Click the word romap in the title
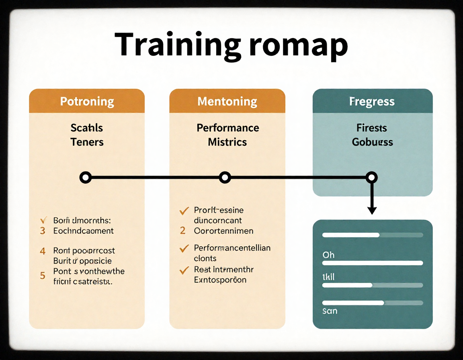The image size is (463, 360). coord(298,45)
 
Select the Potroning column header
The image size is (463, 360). coord(87,101)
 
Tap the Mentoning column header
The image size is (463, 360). coord(227,101)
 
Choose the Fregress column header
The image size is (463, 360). coord(372,101)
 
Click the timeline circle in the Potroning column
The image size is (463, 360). coord(85,177)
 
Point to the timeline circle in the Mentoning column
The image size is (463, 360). coord(225,177)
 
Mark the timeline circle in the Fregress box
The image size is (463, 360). coord(372,177)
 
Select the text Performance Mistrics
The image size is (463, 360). coord(227,135)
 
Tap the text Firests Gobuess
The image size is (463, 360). coord(372,135)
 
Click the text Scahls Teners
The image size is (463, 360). coord(87,135)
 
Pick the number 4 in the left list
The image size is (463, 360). coord(43,251)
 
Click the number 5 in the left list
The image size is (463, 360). coord(43,276)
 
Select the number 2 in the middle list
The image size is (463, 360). coord(183,231)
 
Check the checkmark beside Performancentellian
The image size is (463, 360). coord(184,248)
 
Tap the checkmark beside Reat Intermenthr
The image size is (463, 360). coord(184,270)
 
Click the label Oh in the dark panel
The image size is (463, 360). coord(328,255)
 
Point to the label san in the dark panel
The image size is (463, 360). coord(330,311)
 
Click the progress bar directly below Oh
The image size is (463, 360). coord(373,263)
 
